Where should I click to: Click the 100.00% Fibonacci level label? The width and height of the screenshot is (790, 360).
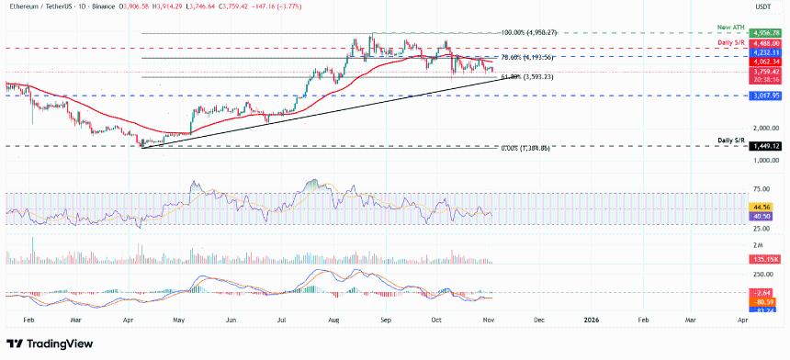[x=530, y=32]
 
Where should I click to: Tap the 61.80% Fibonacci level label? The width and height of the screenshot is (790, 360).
[x=525, y=77]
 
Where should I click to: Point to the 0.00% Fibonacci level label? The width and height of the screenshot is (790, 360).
[x=526, y=148]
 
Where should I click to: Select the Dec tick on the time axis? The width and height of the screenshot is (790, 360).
[x=539, y=321]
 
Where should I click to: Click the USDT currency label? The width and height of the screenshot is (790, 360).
[x=763, y=6]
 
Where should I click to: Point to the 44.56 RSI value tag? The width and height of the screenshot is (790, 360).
[x=762, y=208]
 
